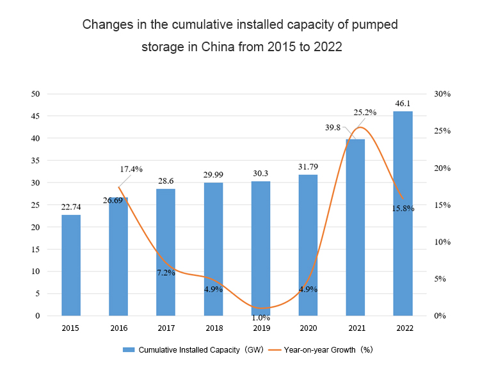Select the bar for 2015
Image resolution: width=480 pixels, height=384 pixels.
(71, 265)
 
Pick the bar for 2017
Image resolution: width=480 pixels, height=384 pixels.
(166, 252)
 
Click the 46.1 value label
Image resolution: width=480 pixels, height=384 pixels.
(403, 102)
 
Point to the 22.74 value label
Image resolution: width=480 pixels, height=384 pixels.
(71, 206)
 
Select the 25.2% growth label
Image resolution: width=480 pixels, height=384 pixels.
(365, 112)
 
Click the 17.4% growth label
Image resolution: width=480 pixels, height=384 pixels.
(131, 169)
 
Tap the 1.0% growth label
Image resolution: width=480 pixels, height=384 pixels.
(260, 317)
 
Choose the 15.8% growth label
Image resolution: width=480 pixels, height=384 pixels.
(403, 208)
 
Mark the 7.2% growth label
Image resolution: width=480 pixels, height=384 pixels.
(166, 273)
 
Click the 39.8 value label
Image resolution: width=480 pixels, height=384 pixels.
(333, 127)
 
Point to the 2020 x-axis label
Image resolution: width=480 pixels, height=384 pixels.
(308, 328)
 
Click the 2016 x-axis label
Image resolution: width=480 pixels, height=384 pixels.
(118, 328)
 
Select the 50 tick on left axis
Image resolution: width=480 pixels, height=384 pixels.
(36, 94)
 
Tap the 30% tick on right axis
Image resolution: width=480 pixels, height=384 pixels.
(442, 94)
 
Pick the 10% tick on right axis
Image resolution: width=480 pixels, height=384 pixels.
(442, 242)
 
